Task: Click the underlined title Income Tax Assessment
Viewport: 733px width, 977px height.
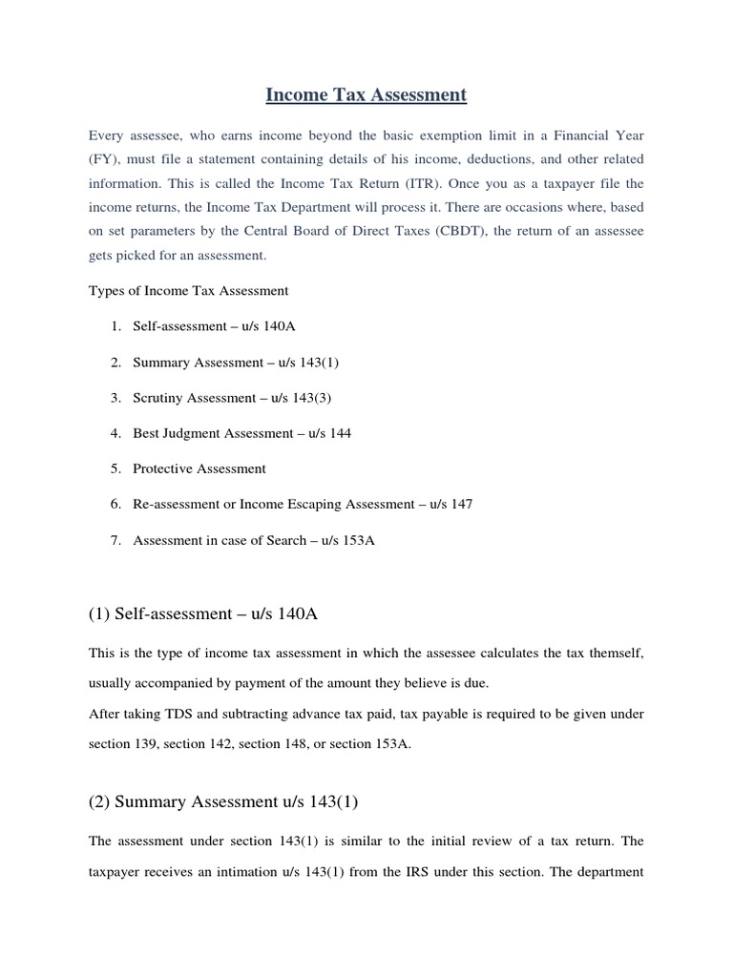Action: point(366,94)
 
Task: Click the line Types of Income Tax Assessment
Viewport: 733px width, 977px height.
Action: point(188,290)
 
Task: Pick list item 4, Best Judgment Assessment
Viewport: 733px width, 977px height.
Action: point(241,433)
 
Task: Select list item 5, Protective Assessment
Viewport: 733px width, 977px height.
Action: point(199,468)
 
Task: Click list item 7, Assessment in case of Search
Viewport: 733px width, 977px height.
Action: point(254,540)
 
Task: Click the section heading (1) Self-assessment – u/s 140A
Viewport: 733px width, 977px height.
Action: point(202,614)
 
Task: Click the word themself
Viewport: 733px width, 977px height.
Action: point(618,652)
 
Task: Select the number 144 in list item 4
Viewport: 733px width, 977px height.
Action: point(339,433)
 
